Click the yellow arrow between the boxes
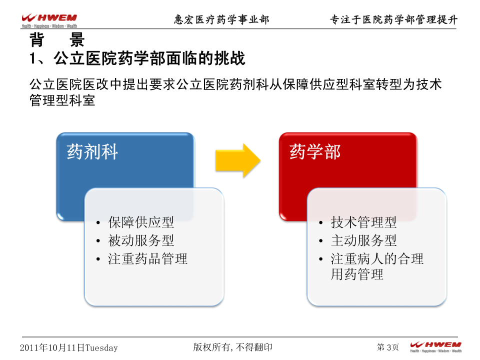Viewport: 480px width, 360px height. [238, 160]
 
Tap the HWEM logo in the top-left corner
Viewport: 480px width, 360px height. [49, 20]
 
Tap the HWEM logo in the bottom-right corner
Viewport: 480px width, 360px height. [435, 347]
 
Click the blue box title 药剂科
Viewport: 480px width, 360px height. [92, 151]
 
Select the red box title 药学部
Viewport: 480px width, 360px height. [315, 151]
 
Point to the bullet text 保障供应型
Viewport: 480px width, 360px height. [141, 222]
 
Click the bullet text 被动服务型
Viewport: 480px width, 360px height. [141, 240]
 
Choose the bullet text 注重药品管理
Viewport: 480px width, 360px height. [147, 258]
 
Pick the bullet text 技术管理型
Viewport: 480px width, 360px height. [363, 222]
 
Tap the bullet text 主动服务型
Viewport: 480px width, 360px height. [363, 240]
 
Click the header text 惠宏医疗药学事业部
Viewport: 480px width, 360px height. [221, 19]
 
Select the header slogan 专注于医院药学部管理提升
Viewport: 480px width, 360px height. [394, 19]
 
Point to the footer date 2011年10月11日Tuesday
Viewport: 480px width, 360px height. [69, 348]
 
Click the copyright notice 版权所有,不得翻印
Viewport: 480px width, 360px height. [232, 347]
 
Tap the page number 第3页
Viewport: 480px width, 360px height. [388, 347]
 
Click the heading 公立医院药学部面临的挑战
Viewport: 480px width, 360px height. [149, 58]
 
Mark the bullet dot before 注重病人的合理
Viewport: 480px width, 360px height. [320, 259]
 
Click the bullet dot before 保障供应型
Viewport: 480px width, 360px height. [98, 222]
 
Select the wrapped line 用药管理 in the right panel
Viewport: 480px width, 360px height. [357, 274]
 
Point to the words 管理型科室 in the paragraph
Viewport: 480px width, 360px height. [62, 100]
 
